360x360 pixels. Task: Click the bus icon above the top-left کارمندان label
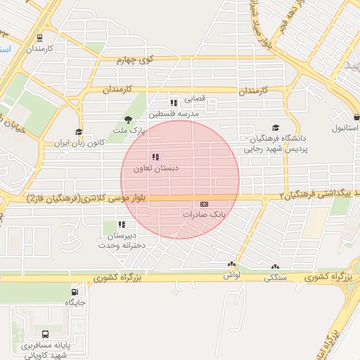39,39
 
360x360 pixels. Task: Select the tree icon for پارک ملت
127,120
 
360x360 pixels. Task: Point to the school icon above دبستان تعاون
155,157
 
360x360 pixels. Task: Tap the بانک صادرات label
204,214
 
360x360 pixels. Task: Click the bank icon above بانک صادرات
204,204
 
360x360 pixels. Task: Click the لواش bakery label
232,276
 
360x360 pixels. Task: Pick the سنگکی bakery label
275,277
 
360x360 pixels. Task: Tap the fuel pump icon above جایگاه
75,292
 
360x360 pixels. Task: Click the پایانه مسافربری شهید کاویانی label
46,350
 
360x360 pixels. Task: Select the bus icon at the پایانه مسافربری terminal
46,335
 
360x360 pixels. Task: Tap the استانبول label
345,129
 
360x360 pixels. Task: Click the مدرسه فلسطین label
174,113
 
